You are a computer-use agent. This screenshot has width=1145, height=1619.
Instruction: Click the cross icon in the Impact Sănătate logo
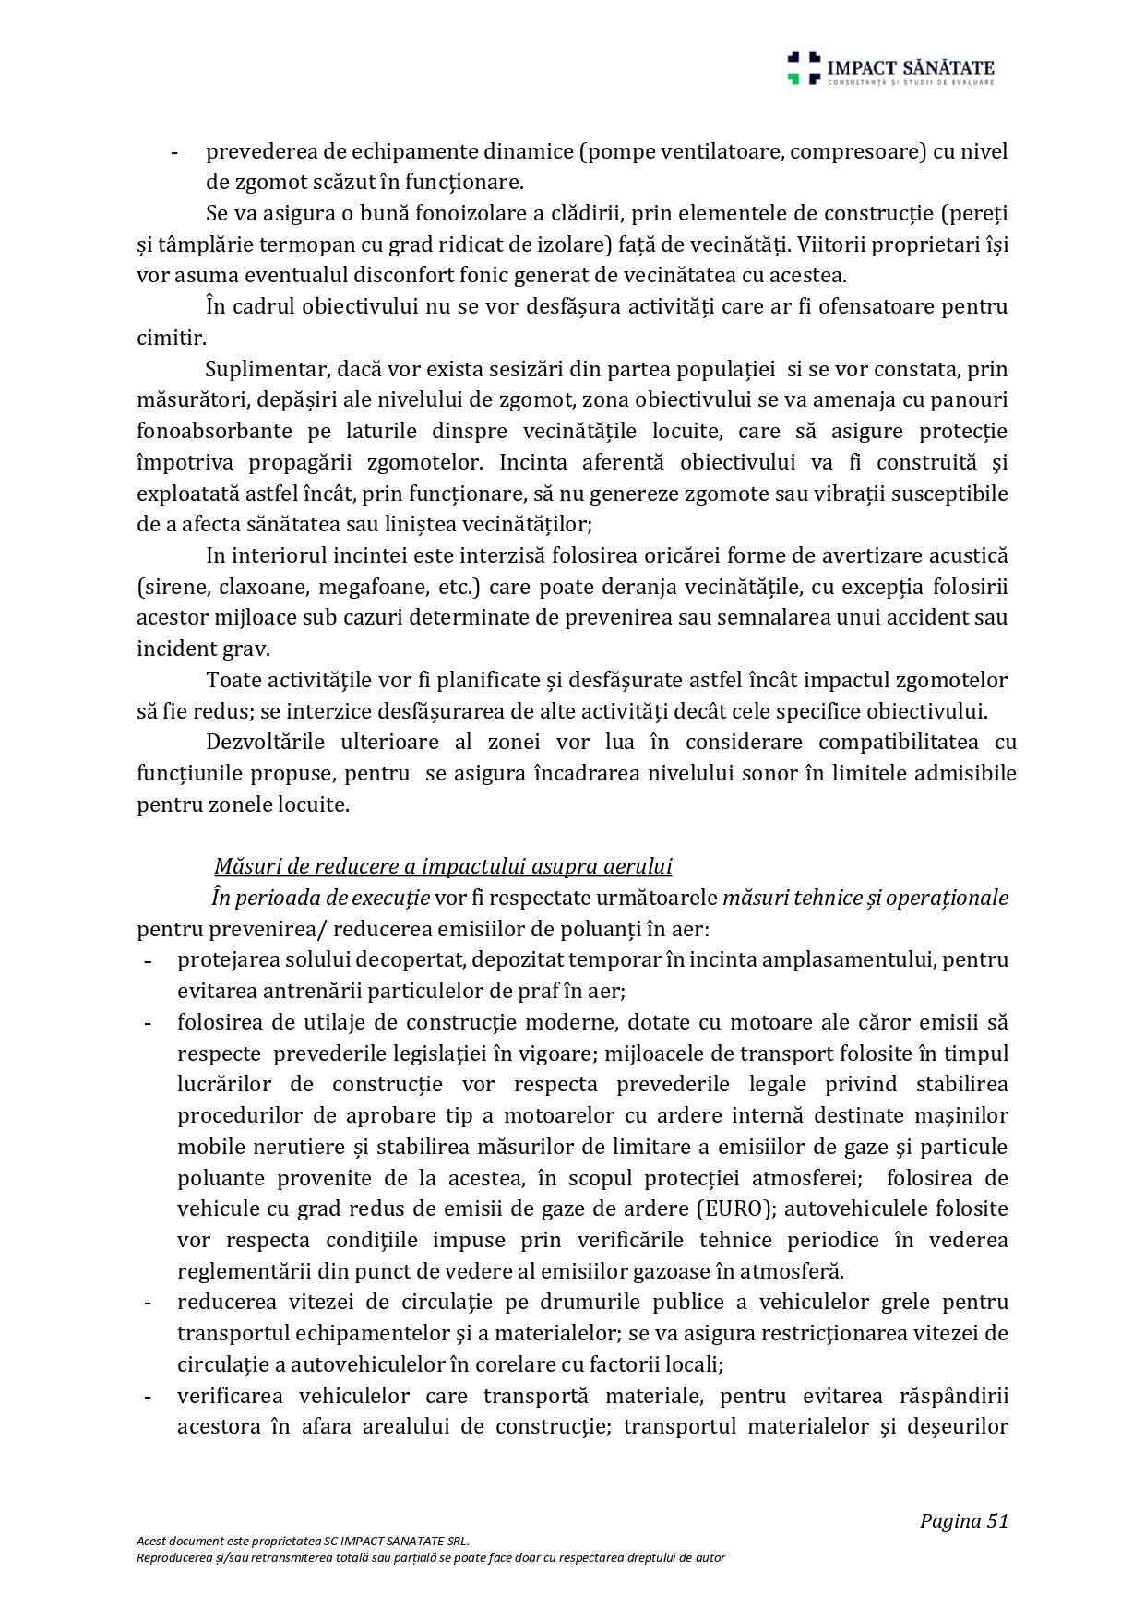(x=803, y=68)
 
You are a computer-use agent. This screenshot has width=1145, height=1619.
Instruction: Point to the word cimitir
(x=172, y=339)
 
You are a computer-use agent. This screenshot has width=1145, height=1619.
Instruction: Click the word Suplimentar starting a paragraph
(x=264, y=370)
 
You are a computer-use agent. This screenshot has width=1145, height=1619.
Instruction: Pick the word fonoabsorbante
(x=214, y=432)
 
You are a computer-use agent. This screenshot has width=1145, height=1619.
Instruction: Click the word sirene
(x=172, y=587)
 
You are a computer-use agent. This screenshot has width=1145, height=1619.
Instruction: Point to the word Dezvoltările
(x=269, y=743)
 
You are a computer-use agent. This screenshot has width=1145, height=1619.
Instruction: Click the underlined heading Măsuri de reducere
(x=443, y=867)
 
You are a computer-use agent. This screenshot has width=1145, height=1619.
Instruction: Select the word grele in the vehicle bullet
(x=909, y=1303)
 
